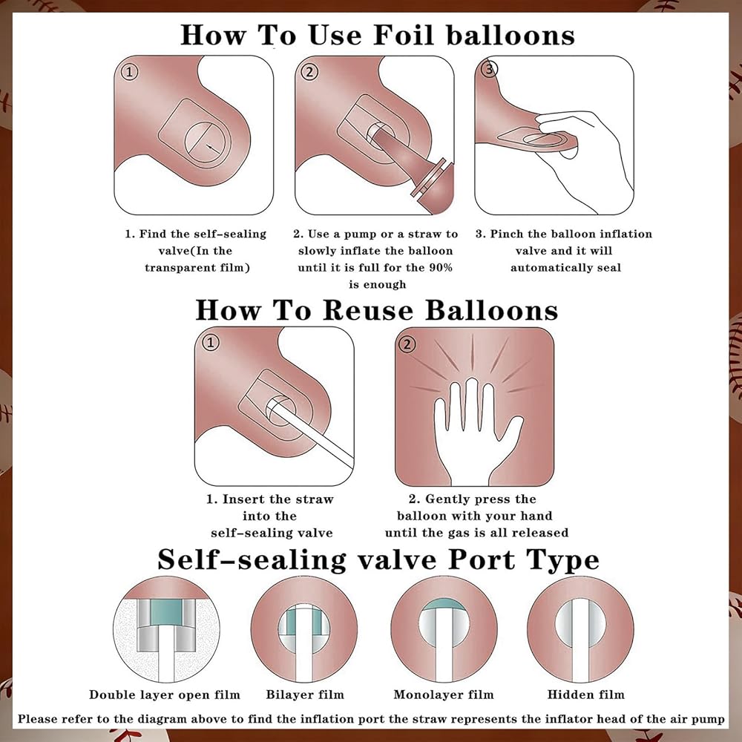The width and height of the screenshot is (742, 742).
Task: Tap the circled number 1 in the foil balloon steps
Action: [x=129, y=72]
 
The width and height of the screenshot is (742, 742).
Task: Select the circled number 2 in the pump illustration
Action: [x=309, y=72]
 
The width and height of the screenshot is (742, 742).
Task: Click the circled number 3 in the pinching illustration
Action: [x=489, y=69]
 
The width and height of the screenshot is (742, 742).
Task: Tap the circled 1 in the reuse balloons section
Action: [x=211, y=342]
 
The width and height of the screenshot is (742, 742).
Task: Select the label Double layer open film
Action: [x=165, y=695]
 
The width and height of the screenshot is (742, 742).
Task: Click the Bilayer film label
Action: [x=305, y=695]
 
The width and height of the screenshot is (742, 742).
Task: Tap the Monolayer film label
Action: [x=444, y=695]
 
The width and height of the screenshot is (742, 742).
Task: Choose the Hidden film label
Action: [x=586, y=695]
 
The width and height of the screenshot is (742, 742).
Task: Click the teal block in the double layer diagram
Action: [x=166, y=613]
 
